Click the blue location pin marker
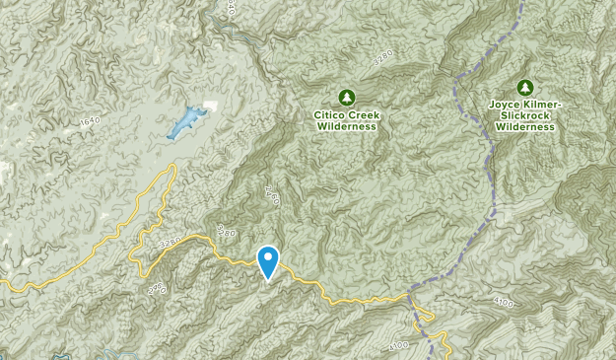[x=267, y=261]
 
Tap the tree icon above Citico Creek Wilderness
[x=346, y=97]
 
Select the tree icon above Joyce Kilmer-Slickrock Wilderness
[x=524, y=87]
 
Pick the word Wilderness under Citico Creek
[x=346, y=126]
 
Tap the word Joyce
[x=506, y=105]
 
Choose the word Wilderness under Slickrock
[x=525, y=126]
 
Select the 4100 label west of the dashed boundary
[x=398, y=344]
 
